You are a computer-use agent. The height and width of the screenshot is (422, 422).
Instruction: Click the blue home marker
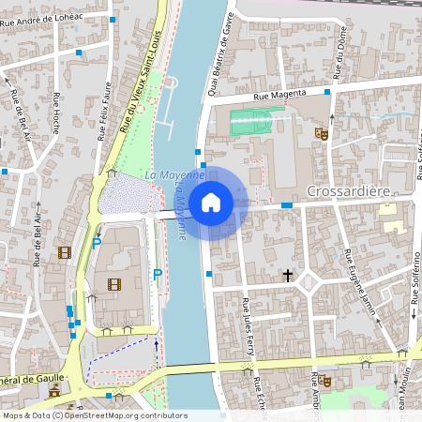point(211,203)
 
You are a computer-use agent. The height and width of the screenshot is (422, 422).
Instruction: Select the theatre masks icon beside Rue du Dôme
point(321,133)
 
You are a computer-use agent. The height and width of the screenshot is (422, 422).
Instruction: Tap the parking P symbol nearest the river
point(158,275)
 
